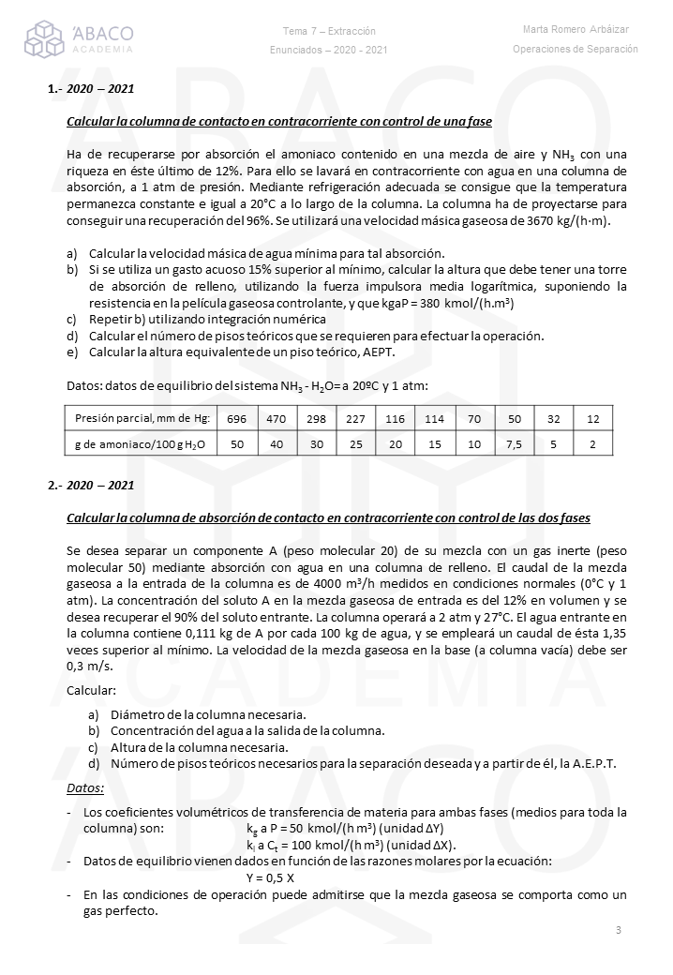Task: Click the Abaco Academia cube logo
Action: (x=43, y=38)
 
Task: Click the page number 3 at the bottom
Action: (x=619, y=930)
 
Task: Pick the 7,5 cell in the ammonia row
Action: (x=514, y=443)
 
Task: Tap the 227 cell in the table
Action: (x=355, y=418)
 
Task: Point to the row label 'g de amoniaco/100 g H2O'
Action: (x=140, y=443)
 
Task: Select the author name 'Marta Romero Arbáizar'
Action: (x=576, y=30)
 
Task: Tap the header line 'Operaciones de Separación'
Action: (x=576, y=49)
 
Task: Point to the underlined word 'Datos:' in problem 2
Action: (x=85, y=788)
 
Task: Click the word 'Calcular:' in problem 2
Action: (x=92, y=690)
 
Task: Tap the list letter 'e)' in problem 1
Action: (x=72, y=352)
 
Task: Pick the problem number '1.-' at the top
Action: (x=54, y=90)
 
